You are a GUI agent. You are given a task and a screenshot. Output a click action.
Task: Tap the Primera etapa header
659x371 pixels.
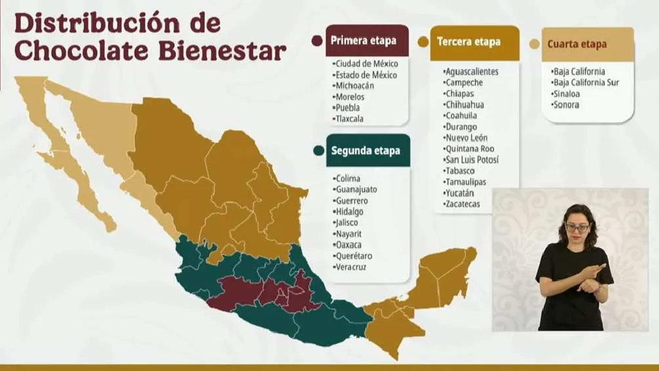[364, 41]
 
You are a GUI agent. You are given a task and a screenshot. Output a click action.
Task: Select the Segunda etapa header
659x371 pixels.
[366, 150]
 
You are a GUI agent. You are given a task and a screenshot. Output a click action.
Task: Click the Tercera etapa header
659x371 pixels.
[469, 41]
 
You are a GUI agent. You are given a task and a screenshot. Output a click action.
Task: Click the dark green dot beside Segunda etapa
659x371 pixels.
[318, 150]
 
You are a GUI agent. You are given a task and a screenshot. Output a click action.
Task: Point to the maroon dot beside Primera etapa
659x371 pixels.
[317, 41]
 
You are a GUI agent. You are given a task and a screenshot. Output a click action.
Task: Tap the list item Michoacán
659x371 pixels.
[354, 86]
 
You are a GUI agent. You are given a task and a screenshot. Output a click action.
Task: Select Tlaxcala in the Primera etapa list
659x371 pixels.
[349, 119]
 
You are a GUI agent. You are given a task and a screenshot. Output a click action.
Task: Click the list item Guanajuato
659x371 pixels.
[356, 189]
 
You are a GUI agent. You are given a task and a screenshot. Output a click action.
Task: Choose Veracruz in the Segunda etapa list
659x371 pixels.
[351, 267]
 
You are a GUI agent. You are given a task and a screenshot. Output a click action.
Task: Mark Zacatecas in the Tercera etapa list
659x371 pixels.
[463, 204]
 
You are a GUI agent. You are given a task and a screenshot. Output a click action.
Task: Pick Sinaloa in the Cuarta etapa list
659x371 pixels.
[566, 93]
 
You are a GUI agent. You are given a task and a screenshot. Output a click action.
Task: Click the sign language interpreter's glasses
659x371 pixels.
[578, 227]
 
